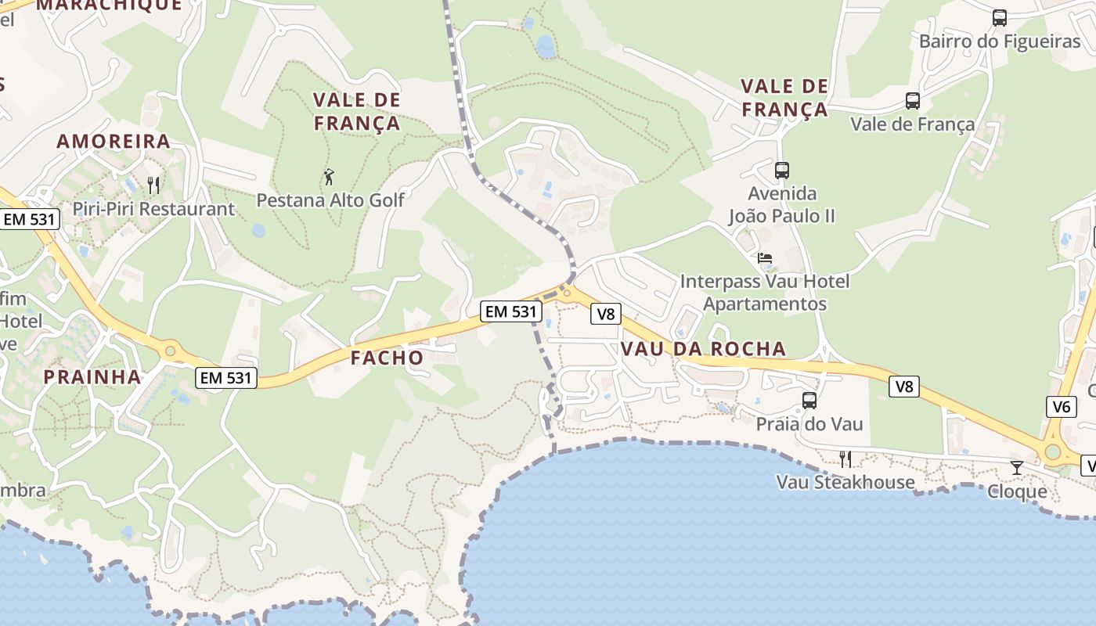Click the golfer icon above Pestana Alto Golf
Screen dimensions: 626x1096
[x=329, y=177]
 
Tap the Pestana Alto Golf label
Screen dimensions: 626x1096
[x=330, y=200]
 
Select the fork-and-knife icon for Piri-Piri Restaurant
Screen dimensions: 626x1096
[x=153, y=185]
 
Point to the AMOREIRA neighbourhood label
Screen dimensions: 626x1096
[x=114, y=142]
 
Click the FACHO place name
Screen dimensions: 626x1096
[x=387, y=358]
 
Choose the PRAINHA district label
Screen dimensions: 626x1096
[x=92, y=377]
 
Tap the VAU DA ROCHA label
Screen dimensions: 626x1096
[x=702, y=349]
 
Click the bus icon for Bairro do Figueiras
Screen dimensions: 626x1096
[x=999, y=18]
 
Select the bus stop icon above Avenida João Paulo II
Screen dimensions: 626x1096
[x=781, y=170]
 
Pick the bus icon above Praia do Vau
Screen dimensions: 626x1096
[x=809, y=401]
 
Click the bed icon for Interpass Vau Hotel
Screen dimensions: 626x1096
[x=764, y=257]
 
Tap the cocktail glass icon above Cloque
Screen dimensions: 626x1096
[x=1016, y=468]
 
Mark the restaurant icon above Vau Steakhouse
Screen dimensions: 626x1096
[x=845, y=459]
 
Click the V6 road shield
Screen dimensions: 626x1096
[x=1061, y=406]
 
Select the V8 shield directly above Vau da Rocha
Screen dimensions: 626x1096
[x=606, y=315]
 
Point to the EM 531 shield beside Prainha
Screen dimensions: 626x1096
[x=225, y=378]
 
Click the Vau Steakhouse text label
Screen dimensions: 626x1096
[x=845, y=482]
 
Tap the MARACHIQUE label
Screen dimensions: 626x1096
[x=109, y=5]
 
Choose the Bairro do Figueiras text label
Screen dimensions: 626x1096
[x=999, y=41]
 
